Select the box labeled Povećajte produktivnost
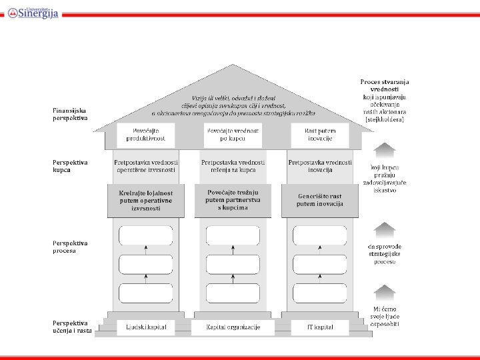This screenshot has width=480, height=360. (x=145, y=135)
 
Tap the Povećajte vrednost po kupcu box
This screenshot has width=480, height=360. (x=233, y=135)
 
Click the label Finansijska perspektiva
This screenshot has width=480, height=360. (x=70, y=114)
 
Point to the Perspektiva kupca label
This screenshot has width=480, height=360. (x=70, y=166)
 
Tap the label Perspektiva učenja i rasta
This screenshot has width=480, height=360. (x=72, y=327)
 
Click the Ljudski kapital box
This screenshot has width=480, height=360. (x=145, y=327)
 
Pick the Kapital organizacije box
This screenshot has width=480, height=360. (x=233, y=327)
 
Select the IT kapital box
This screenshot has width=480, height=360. (x=320, y=327)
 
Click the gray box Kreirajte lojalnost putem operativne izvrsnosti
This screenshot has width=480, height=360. (x=145, y=200)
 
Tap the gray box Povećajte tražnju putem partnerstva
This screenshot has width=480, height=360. (x=233, y=200)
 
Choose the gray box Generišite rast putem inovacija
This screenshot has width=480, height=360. (x=320, y=200)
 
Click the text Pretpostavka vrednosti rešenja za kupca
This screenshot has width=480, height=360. (x=233, y=166)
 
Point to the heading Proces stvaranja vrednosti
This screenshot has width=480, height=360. (x=385, y=85)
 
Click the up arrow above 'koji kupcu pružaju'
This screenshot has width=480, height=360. (x=385, y=151)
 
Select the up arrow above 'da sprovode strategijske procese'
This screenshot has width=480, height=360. (x=385, y=231)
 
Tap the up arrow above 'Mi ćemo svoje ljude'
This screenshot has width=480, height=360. (x=385, y=293)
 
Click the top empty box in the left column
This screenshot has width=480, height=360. (x=145, y=235)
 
